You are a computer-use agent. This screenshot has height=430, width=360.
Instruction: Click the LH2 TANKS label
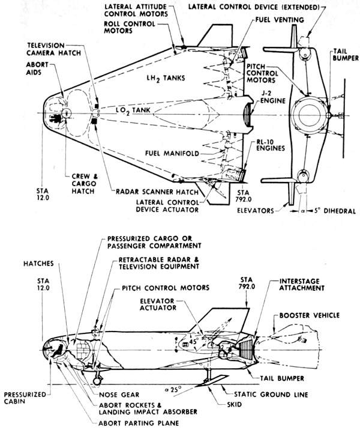click(166, 79)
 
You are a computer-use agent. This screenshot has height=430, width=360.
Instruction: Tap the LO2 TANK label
click(133, 111)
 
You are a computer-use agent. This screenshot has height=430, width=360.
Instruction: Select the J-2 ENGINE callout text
click(273, 97)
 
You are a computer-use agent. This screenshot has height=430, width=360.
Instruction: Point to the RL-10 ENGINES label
click(271, 145)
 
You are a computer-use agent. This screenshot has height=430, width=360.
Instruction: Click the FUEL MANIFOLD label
click(172, 153)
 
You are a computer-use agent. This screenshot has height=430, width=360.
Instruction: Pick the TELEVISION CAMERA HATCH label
click(53, 49)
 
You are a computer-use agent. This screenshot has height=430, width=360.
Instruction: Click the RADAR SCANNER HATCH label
click(157, 192)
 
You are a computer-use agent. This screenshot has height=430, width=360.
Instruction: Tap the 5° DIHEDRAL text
click(335, 211)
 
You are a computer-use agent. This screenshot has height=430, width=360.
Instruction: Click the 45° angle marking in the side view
click(194, 342)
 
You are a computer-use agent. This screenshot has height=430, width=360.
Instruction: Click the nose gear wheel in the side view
click(97, 381)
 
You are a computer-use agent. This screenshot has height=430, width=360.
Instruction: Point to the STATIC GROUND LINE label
click(271, 395)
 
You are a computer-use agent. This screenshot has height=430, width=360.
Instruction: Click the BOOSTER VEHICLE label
click(310, 315)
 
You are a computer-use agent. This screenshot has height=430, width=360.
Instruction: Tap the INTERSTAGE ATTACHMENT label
click(302, 285)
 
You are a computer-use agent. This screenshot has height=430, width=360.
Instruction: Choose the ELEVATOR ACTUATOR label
click(158, 304)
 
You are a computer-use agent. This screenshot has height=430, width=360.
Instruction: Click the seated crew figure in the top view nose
click(55, 118)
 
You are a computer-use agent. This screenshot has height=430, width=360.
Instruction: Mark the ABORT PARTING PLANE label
click(139, 423)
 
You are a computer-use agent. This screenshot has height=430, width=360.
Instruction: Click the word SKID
click(234, 405)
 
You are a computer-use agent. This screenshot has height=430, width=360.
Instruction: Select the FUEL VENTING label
click(280, 20)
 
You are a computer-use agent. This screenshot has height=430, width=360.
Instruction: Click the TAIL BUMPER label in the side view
click(282, 378)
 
